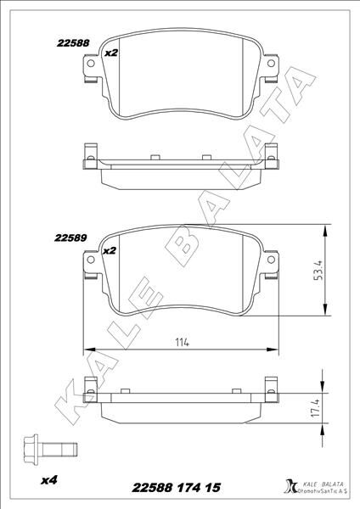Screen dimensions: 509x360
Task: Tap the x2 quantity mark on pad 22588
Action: click(x=110, y=53)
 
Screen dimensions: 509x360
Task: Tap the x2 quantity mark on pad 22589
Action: click(x=109, y=251)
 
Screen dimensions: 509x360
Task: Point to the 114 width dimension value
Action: click(x=181, y=342)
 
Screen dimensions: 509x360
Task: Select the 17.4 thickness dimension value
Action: click(x=315, y=409)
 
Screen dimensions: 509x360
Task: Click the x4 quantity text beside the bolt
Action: click(x=49, y=481)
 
